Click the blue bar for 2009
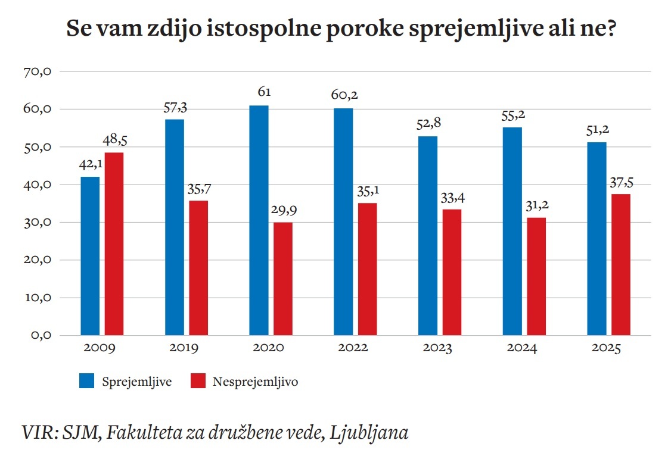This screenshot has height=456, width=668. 90,256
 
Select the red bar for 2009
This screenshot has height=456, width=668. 114,244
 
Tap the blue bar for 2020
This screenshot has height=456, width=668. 259,220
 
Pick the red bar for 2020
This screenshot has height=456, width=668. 282,279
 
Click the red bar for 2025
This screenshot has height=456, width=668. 620,264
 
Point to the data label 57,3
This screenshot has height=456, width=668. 175,108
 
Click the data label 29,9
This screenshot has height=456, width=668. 282,211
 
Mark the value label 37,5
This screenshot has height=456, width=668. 620,182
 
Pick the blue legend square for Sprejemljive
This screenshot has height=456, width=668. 86,381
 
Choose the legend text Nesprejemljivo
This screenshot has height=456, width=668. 255,382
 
